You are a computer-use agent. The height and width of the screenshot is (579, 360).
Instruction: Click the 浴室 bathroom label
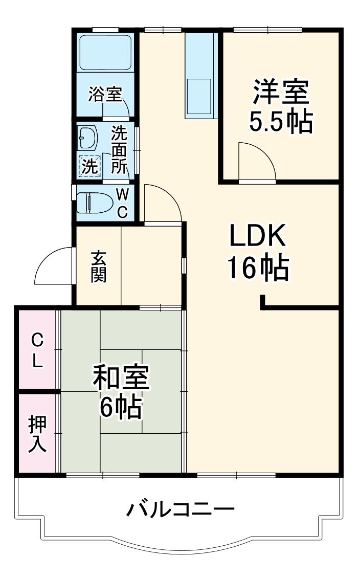(105, 94)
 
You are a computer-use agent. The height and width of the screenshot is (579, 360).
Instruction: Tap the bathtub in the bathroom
(105, 52)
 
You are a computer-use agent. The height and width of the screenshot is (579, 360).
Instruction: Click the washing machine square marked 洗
(89, 166)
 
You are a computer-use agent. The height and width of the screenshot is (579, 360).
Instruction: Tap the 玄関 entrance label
(99, 266)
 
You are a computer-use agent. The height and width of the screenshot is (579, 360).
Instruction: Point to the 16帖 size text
(258, 268)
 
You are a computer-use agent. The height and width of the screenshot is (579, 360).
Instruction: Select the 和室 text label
(121, 378)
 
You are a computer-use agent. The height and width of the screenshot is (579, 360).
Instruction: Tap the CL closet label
(37, 350)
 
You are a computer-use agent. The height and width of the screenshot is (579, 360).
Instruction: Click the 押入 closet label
(37, 434)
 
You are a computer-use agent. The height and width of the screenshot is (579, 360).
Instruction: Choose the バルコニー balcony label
(180, 509)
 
